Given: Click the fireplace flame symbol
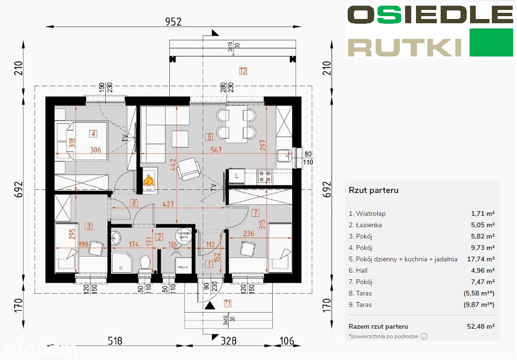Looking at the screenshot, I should point(149,180).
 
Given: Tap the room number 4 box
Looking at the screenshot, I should point(94,134).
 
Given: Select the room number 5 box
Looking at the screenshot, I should point(209,137).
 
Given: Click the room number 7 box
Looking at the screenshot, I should point(255,212).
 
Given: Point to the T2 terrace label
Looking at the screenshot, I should point(243,72).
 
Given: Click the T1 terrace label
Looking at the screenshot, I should point(228,303).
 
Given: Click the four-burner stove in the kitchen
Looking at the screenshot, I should point(264,177).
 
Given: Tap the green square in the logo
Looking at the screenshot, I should point(491,42).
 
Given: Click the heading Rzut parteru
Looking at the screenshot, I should point(373,191).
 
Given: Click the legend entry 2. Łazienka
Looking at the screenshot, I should point(365,225).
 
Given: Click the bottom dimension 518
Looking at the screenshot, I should point(115,341).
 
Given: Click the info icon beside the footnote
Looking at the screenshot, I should point(424,336).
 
